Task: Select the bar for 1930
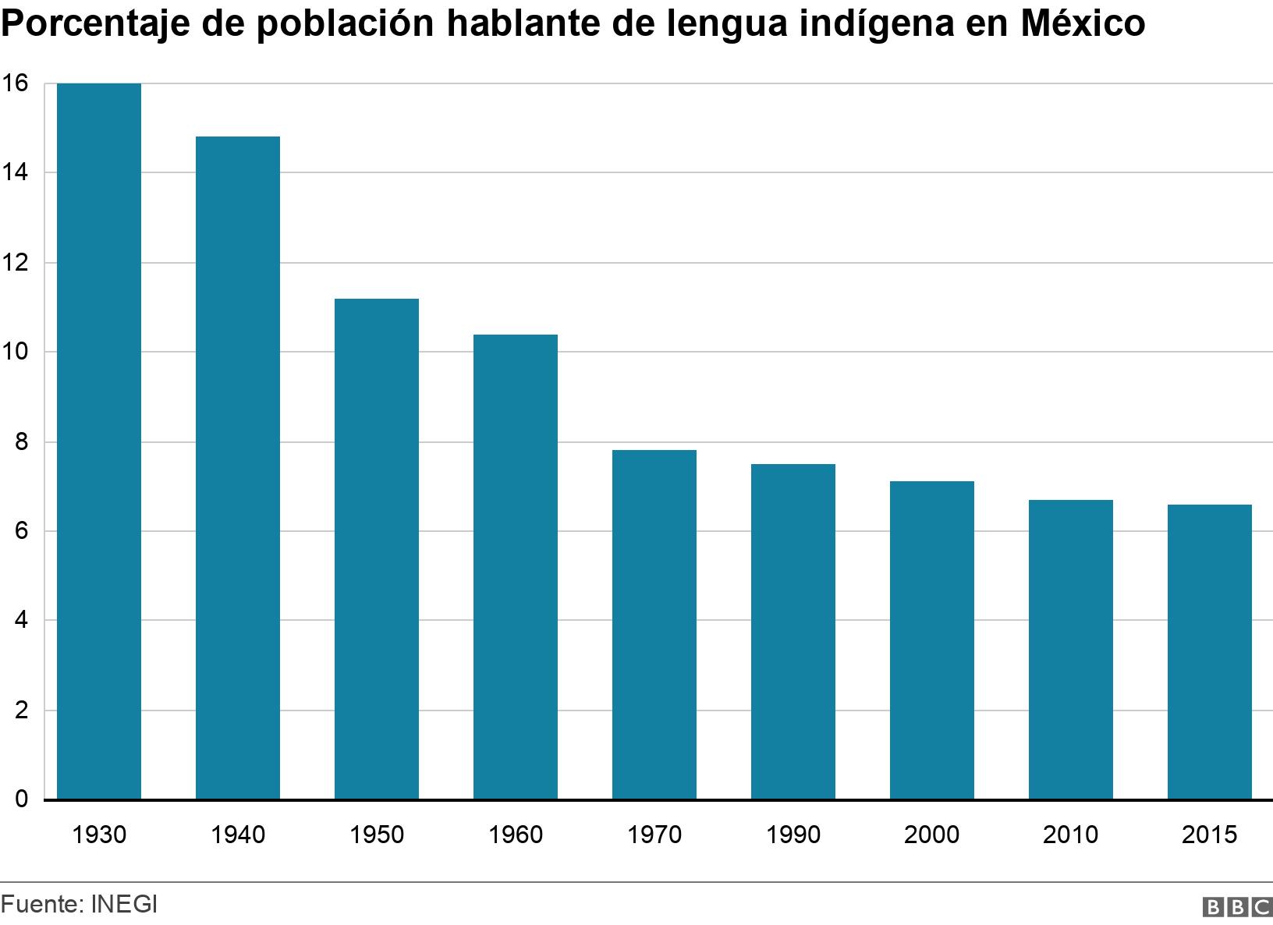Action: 99,441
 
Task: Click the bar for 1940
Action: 238,468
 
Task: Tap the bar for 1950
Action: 377,549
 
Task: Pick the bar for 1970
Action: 654,625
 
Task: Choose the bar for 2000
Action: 932,640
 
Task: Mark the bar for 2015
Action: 1210,652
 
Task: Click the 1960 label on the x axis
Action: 516,835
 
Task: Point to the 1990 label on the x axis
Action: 793,835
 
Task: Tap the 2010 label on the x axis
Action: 1071,835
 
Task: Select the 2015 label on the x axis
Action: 1210,835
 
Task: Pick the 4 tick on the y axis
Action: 21,621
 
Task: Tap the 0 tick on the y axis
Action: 21,799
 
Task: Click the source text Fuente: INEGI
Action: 79,905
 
